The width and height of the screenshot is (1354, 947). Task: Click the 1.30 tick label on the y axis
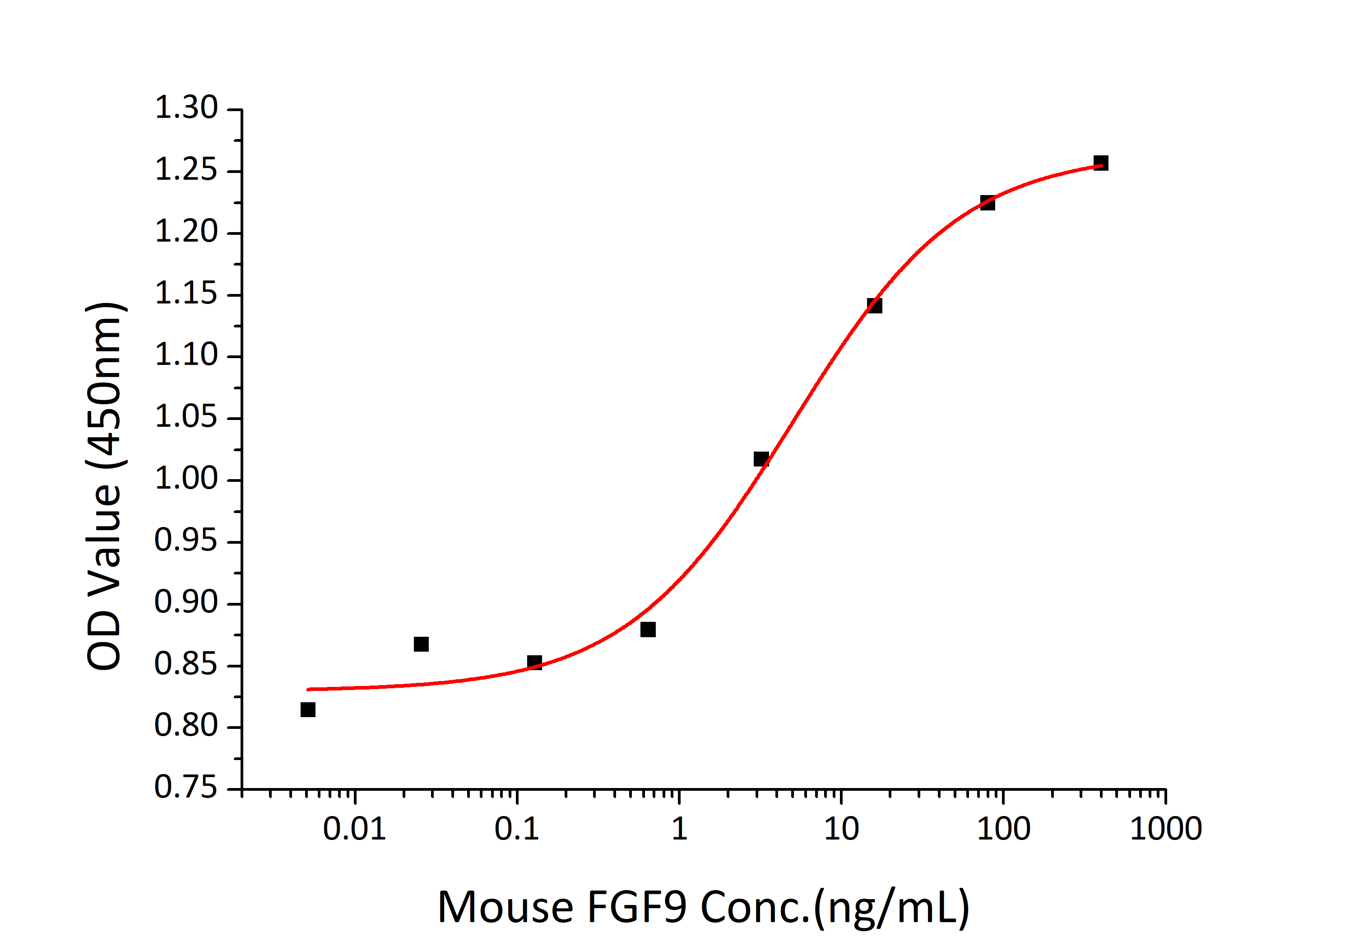point(186,108)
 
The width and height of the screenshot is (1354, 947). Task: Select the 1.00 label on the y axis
point(186,479)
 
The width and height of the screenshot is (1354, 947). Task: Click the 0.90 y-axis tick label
point(186,602)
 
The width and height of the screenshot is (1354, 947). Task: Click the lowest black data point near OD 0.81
point(308,709)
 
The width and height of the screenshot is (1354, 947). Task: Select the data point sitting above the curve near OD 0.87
point(421,644)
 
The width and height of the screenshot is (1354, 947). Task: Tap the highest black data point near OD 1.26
point(1100,163)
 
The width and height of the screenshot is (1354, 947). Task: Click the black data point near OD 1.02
point(761,459)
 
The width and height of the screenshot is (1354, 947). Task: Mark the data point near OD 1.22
point(987,203)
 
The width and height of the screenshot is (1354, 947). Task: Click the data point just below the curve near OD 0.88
point(648,630)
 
